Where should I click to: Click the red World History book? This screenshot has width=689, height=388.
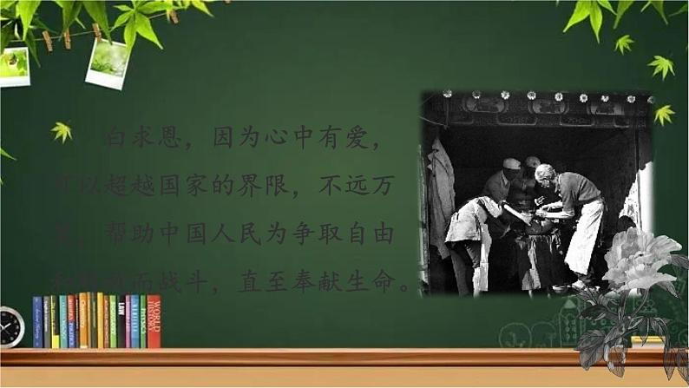(154, 321)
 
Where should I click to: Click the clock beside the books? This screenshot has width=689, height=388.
(11, 327)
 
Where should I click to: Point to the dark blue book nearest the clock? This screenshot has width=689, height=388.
(37, 322)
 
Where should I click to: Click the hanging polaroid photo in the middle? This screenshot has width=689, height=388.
(108, 62)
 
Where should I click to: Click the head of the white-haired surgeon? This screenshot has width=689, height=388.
(546, 174)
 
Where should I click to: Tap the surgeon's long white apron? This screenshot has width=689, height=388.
(583, 234)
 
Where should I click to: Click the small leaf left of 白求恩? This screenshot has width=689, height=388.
(61, 131)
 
